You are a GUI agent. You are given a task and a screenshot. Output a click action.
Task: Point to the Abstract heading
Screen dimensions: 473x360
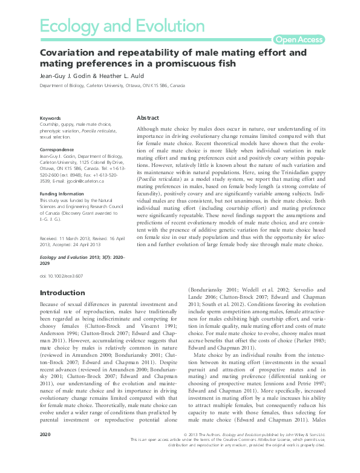click(148, 118)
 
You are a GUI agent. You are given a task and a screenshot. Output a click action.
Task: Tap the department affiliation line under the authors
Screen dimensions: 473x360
click(112, 86)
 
